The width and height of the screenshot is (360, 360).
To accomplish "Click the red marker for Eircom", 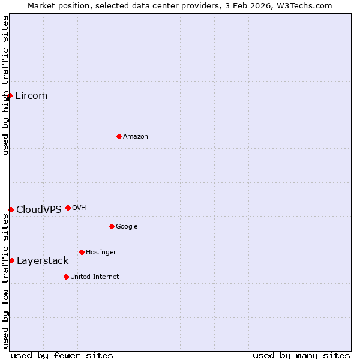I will coord(10,96).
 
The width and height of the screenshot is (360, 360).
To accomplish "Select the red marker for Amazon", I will coord(119,137).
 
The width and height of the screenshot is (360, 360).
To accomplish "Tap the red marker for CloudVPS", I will coord(11,209).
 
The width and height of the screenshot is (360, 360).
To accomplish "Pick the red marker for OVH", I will coord(68,208).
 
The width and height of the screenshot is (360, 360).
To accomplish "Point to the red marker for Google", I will coord(112,226).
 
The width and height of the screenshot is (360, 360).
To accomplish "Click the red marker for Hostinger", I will coord(82,252).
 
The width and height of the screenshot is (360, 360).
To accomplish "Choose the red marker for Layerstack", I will coord(11,260).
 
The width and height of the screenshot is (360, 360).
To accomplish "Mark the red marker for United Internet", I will coord(66,277).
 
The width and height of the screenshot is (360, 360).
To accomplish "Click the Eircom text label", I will coord(31,96).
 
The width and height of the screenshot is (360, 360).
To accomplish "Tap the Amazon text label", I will coord(136,137).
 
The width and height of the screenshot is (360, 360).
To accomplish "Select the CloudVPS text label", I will coord(39,209).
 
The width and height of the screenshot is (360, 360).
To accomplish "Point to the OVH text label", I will coord(79,208).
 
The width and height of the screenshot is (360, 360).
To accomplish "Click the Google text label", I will coord(127,226).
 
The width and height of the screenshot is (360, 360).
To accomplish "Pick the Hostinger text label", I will coord(101,252).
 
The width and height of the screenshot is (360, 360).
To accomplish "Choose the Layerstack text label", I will coord(43,260).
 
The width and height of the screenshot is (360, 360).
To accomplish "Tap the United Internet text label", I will coord(95,277).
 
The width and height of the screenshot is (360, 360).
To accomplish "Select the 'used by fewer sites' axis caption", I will coord(62,355).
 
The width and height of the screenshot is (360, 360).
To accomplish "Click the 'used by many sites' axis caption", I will coord(301,355).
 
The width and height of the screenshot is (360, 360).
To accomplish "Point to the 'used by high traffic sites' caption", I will coord(5,85).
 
